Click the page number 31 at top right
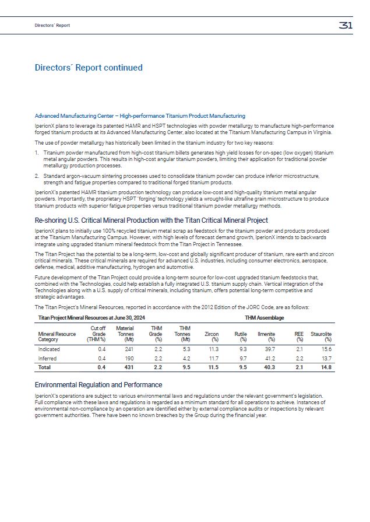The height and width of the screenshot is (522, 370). coord(345,25)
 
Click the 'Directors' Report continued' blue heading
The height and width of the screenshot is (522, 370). coord(89,68)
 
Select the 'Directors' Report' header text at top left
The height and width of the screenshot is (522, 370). coord(52,25)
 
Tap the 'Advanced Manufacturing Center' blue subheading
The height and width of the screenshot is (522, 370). coord(140,116)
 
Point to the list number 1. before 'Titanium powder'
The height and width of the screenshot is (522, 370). coord(37,151)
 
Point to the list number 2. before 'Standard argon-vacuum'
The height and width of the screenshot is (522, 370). coord(37,175)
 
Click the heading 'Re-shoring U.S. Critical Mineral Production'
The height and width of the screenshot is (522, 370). coord(151,220)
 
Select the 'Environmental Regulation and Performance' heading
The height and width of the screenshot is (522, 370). coord(98,385)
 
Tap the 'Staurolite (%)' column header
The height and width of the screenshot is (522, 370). coord(320,336)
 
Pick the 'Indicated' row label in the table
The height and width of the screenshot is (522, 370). coord(48,349)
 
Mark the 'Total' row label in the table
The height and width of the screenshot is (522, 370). coord(44,368)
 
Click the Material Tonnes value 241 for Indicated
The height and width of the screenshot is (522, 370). coord(129,349)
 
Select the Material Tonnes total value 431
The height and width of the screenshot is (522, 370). coord(129,368)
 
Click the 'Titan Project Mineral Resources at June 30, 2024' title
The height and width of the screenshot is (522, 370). coord(91,317)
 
